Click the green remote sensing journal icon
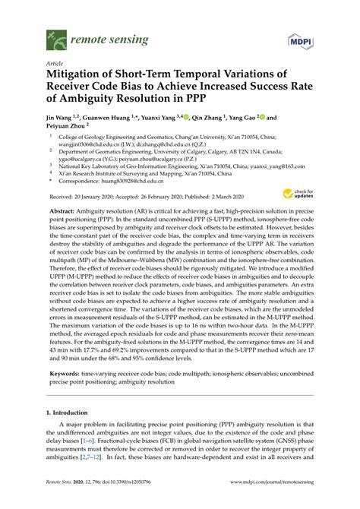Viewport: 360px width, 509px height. pos(54,36)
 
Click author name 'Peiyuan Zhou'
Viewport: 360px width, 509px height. pos(70,129)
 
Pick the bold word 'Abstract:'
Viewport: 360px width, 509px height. pos(72,209)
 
